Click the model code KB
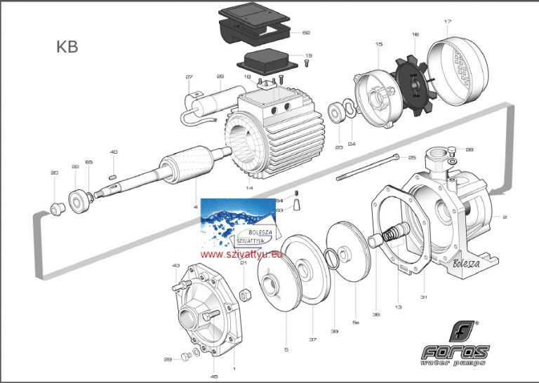tap(67, 48)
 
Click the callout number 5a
tap(356, 323)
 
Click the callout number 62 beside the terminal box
tap(305, 33)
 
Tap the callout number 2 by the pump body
tap(504, 218)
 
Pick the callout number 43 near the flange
tap(175, 266)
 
